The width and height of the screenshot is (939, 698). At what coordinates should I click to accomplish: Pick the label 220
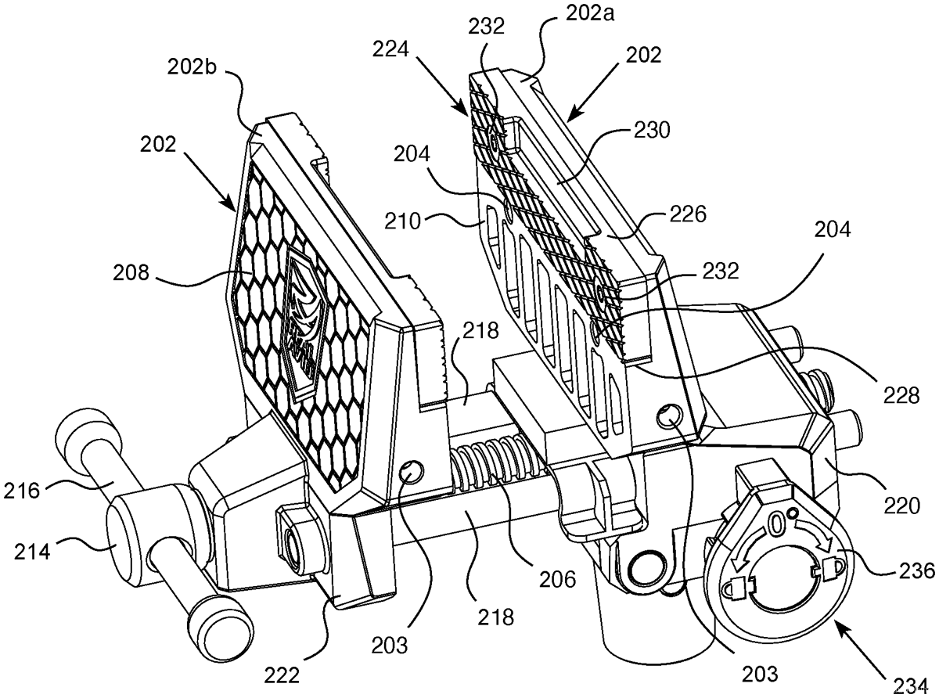908,507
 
